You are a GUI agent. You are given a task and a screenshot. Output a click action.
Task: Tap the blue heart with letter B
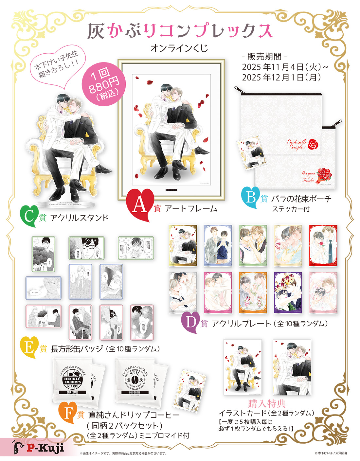250,197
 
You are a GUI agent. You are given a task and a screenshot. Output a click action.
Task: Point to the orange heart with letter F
68,413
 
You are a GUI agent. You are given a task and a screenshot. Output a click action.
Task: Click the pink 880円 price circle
103,85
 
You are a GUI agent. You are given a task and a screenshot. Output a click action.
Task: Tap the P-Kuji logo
39,448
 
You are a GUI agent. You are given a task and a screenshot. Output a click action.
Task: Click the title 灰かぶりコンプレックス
180,31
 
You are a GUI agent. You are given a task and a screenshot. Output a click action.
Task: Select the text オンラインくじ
179,48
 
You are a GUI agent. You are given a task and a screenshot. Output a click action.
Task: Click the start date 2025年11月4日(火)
284,67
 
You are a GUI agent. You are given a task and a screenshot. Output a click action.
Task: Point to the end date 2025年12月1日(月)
281,78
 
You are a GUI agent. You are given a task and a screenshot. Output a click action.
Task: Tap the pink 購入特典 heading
267,403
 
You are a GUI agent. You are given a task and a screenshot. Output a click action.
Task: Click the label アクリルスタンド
79,218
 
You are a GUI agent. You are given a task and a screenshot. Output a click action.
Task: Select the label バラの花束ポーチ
301,199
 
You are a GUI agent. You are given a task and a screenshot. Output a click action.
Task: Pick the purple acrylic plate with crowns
288,292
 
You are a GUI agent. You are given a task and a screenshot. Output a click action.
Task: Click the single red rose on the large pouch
313,144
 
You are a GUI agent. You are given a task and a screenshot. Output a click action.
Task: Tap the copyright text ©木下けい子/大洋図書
331,453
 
